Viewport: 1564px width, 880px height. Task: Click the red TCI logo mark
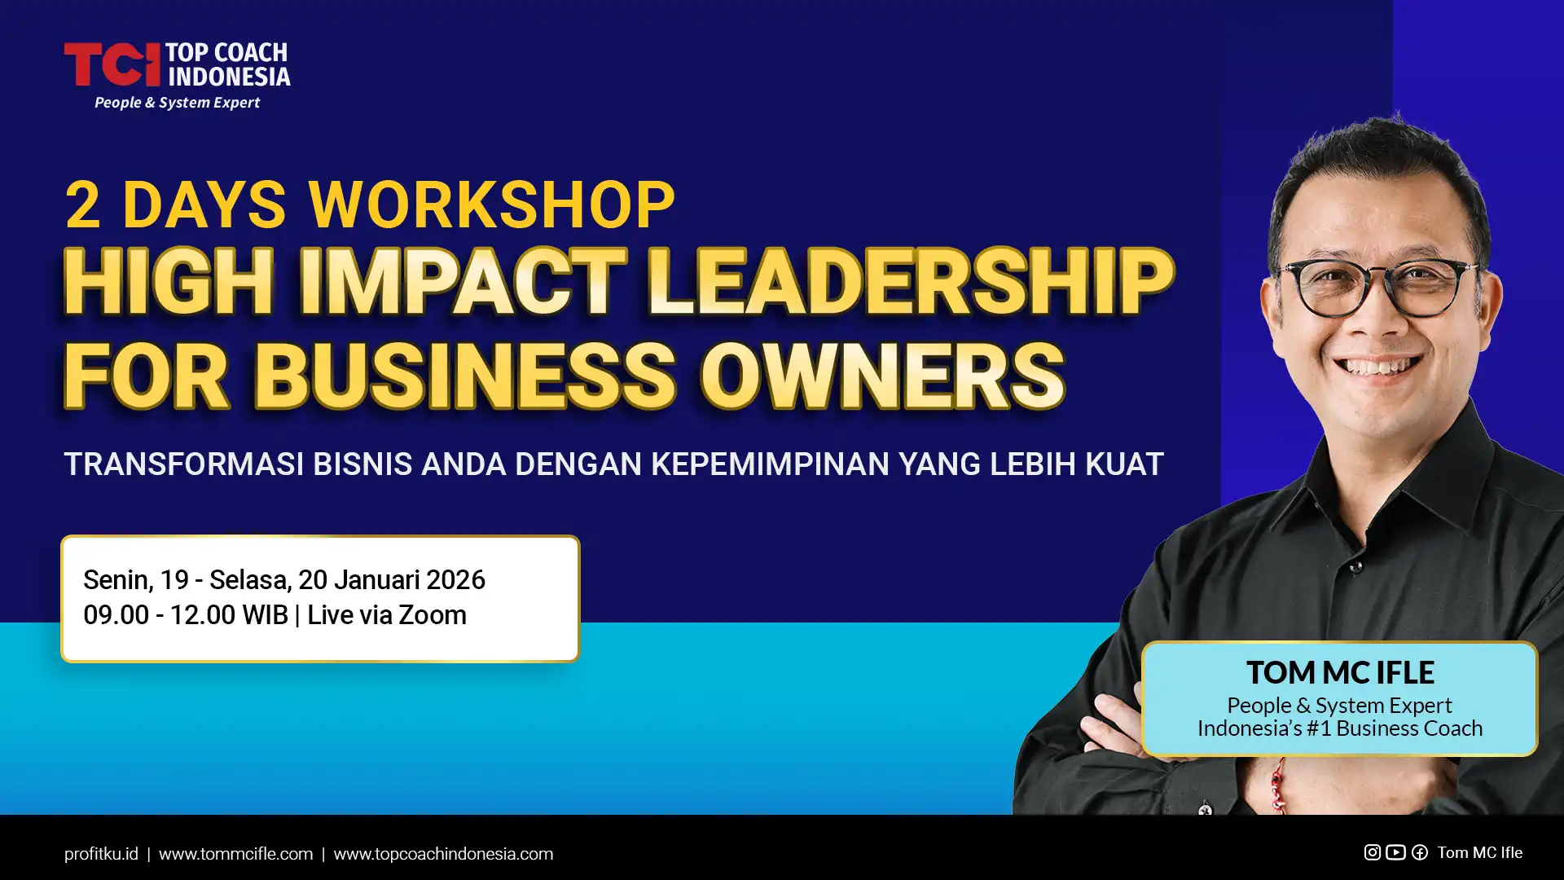click(112, 64)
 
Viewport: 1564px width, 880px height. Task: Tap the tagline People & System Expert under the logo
click(177, 103)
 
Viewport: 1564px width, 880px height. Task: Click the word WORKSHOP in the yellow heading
click(492, 205)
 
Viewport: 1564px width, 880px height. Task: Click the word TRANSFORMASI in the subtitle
click(183, 464)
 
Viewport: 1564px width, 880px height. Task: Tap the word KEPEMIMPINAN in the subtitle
click(770, 464)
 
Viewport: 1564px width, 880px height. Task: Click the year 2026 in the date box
click(455, 580)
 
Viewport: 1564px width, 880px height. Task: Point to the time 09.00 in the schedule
click(116, 615)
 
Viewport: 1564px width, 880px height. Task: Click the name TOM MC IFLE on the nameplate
click(1340, 673)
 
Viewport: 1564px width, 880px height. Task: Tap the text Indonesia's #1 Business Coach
click(1340, 728)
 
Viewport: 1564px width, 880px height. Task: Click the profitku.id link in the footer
click(101, 854)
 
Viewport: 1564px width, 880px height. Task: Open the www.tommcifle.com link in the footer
click(235, 854)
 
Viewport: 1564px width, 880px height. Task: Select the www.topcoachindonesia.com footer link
click(443, 854)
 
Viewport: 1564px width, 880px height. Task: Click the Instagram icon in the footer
click(1373, 852)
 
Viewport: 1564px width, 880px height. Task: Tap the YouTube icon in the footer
click(1395, 852)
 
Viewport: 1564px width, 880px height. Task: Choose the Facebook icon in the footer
click(1419, 852)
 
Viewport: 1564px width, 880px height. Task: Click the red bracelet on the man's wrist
click(1278, 787)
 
